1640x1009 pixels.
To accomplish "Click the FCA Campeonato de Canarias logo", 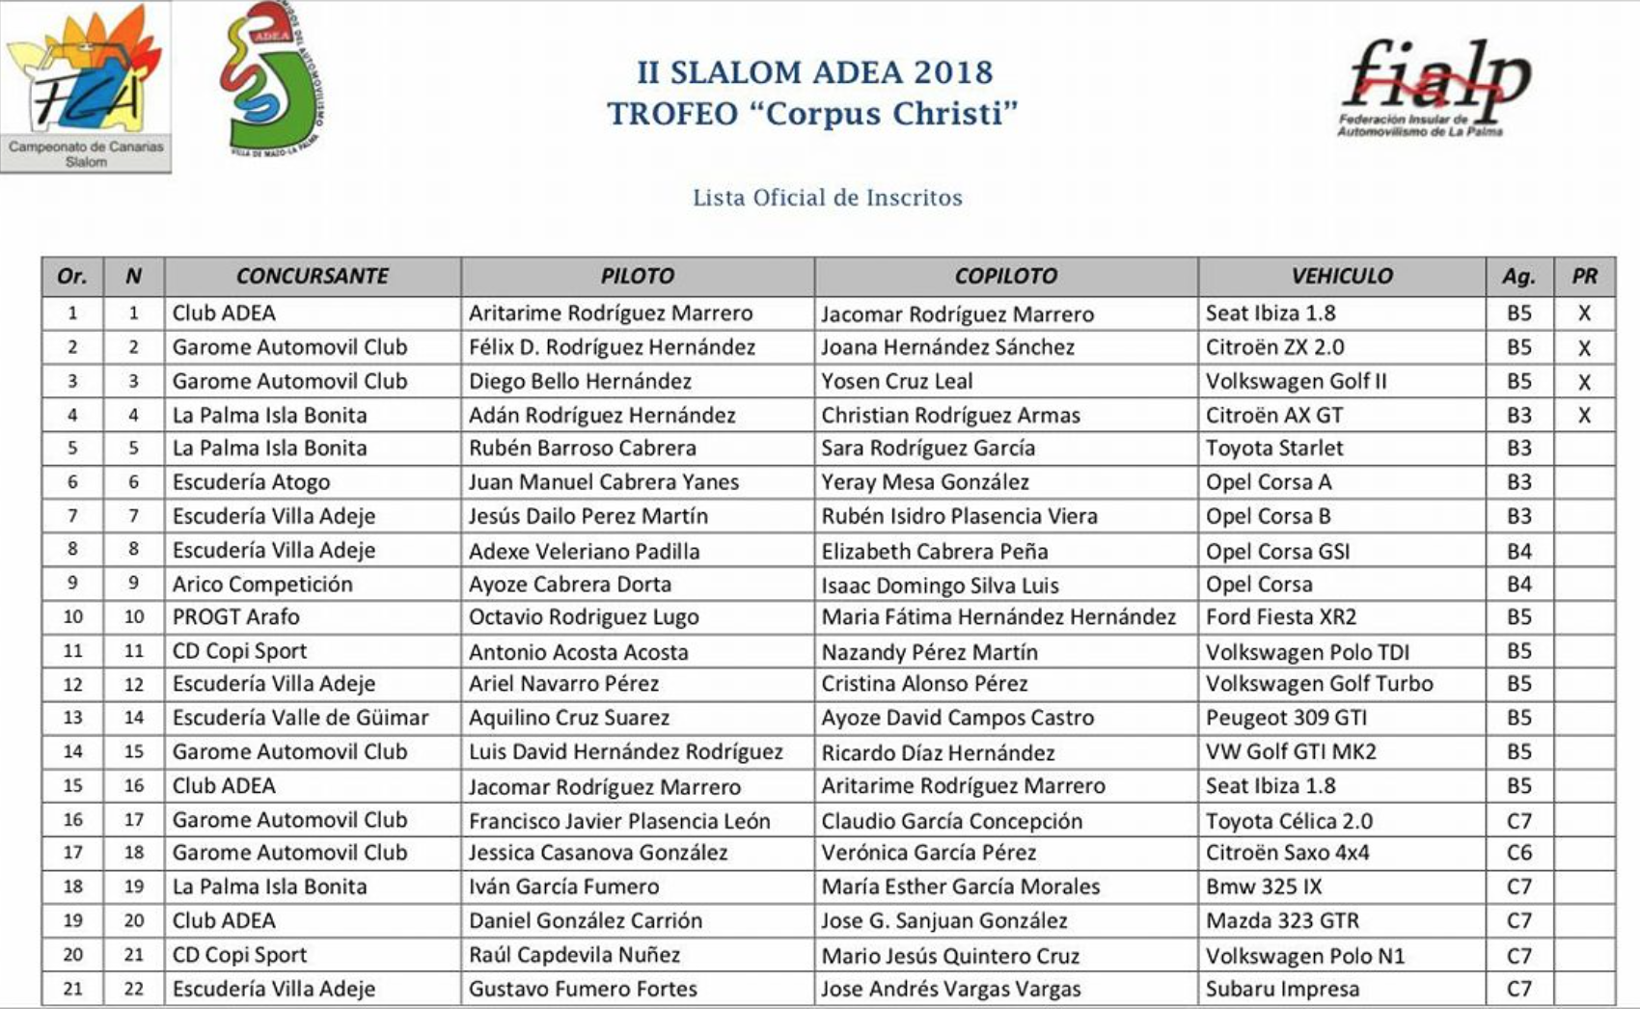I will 85,87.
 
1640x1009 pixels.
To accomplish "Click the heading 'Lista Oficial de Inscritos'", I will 827,198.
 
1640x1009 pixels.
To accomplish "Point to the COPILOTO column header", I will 1005,276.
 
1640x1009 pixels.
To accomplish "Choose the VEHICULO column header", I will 1341,276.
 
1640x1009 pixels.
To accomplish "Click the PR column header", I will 1584,276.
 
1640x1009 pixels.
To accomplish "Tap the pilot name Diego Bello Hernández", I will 580,381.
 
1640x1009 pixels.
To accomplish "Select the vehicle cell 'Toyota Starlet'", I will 1273,448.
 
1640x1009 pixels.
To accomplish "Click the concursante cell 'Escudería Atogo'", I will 251,481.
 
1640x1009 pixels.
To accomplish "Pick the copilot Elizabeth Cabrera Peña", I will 934,551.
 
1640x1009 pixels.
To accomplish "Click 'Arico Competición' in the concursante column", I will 262,584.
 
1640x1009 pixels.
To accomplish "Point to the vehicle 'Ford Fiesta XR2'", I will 1280,616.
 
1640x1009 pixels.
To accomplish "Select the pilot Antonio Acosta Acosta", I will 578,652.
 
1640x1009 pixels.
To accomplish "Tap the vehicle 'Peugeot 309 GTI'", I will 1286,718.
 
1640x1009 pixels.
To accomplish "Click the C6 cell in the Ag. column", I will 1518,853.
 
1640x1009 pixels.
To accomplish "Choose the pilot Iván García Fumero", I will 563,886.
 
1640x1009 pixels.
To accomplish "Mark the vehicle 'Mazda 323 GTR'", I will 1282,920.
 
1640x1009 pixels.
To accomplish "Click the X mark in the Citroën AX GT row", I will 1584,416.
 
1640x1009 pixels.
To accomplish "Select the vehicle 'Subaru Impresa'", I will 1282,989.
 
